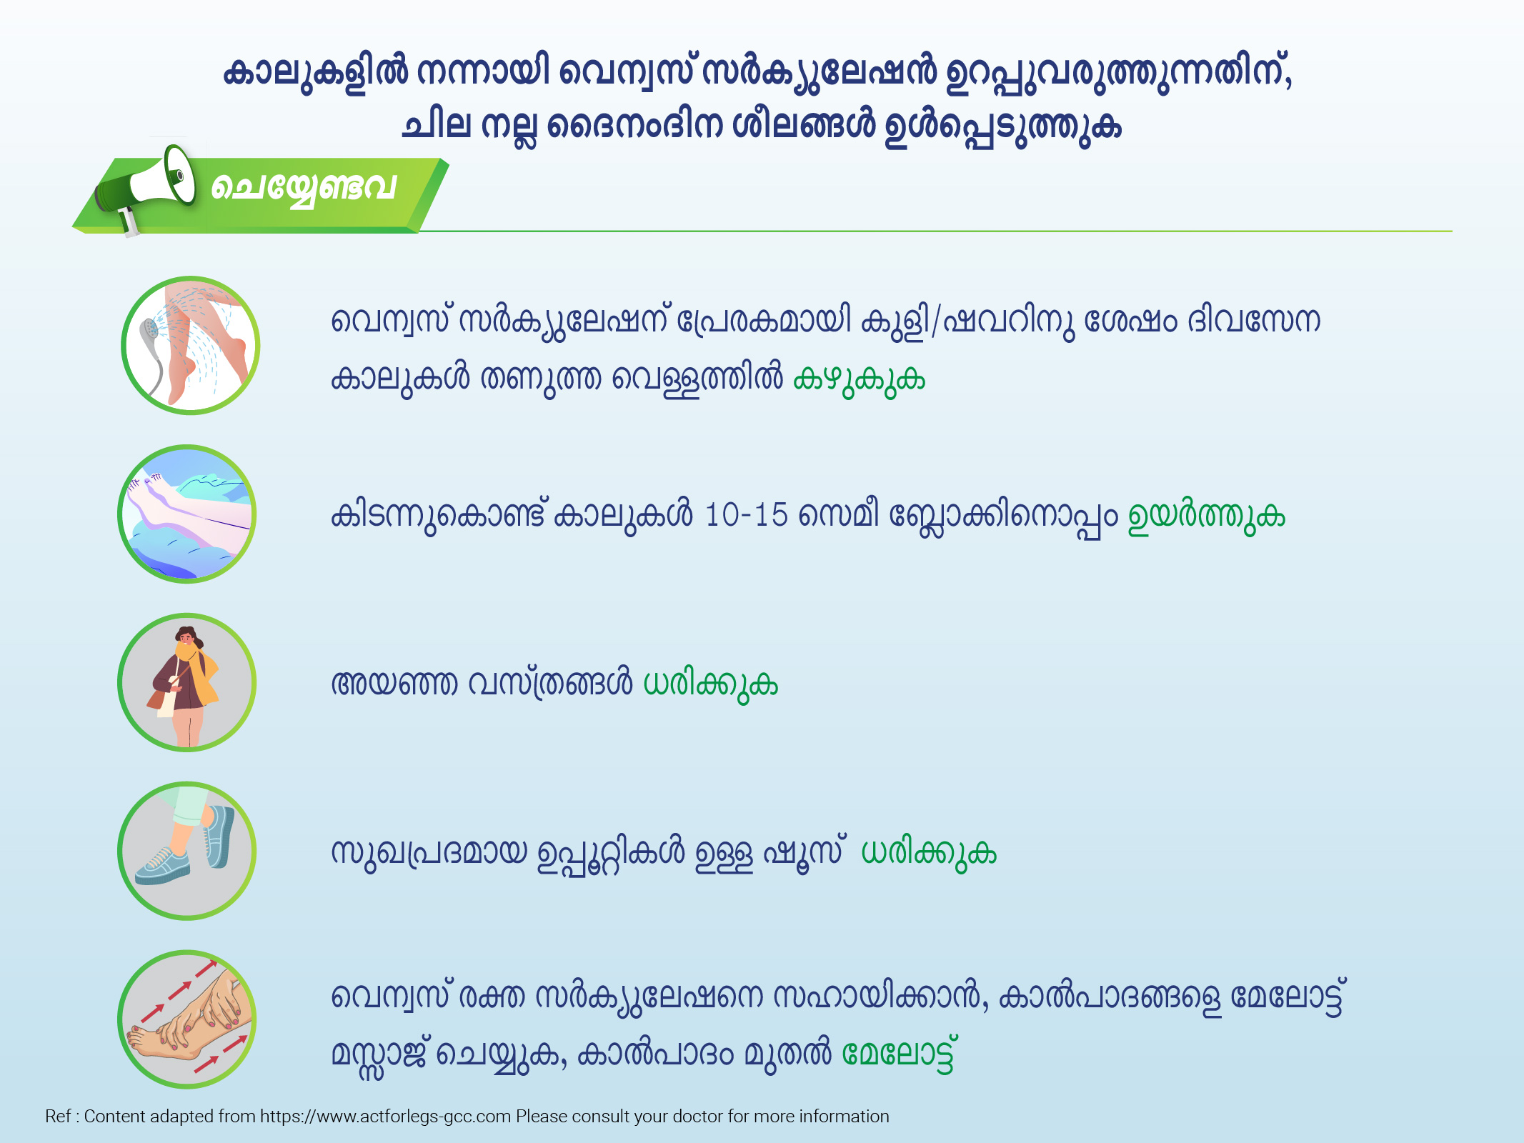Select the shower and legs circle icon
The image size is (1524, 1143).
point(190,346)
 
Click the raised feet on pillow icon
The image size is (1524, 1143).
point(187,514)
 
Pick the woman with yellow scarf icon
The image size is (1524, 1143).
point(187,683)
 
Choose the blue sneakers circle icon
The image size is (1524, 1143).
point(187,851)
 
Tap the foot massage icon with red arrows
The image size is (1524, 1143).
point(187,1019)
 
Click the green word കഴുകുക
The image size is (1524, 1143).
point(859,379)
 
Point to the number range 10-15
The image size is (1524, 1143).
point(746,514)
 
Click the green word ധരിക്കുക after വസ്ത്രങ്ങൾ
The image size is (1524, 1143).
point(710,684)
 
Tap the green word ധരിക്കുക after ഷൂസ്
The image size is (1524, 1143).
point(929,852)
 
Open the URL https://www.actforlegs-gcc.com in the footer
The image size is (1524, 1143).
point(385,1117)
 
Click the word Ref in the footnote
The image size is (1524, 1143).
point(58,1117)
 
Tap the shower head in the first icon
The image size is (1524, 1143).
point(150,331)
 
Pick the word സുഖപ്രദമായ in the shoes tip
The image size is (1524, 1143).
point(429,852)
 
